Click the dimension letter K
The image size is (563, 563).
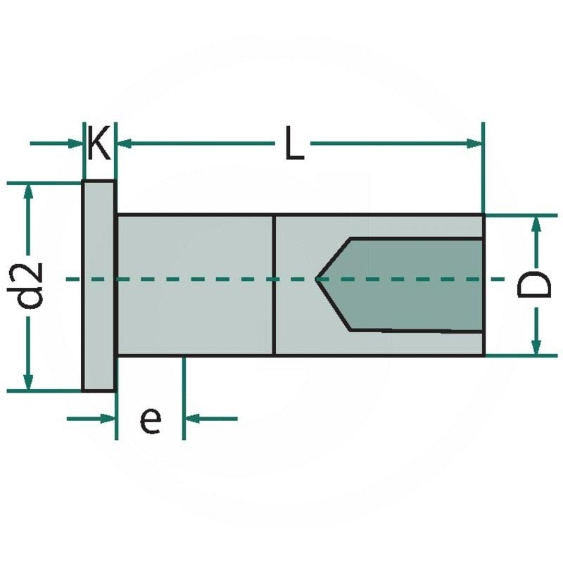[x=99, y=144]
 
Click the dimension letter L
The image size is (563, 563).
[x=293, y=144]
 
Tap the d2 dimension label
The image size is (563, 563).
[x=31, y=285]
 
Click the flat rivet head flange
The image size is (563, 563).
[x=99, y=285]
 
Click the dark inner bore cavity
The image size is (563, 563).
[x=415, y=285]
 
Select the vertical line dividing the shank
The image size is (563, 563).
[x=273, y=285]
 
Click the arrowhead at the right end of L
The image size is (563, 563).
[x=476, y=144]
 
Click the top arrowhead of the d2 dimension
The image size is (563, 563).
[x=28, y=191]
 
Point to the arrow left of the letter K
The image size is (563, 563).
[x=75, y=144]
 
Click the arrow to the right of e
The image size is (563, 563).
[x=193, y=419]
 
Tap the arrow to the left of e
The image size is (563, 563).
[x=106, y=419]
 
